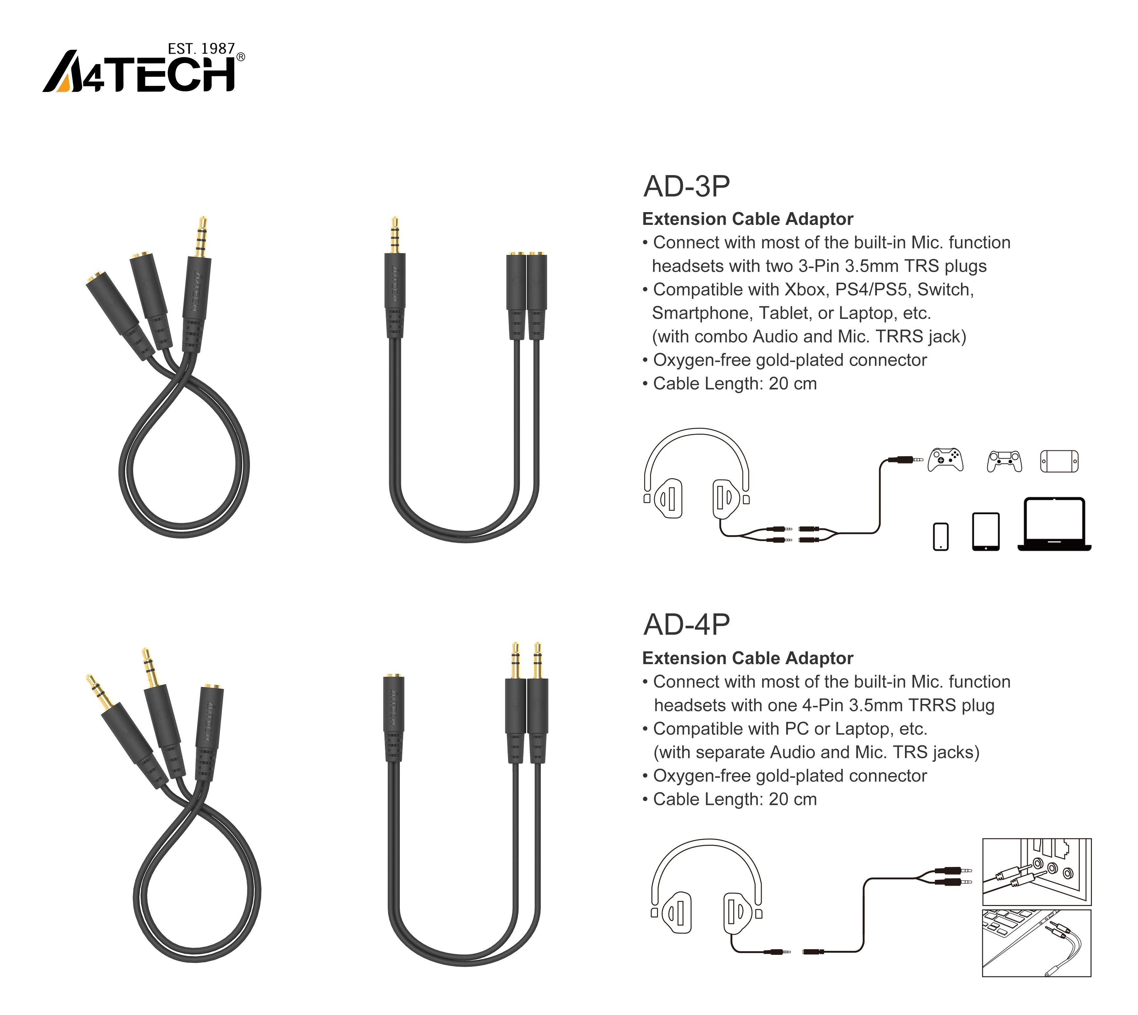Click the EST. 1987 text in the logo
coord(201,49)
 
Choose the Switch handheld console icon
coord(1059,461)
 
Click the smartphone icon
coord(941,536)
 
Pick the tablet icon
coord(986,532)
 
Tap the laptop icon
coord(1054,524)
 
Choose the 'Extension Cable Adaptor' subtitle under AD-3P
coord(748,219)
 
